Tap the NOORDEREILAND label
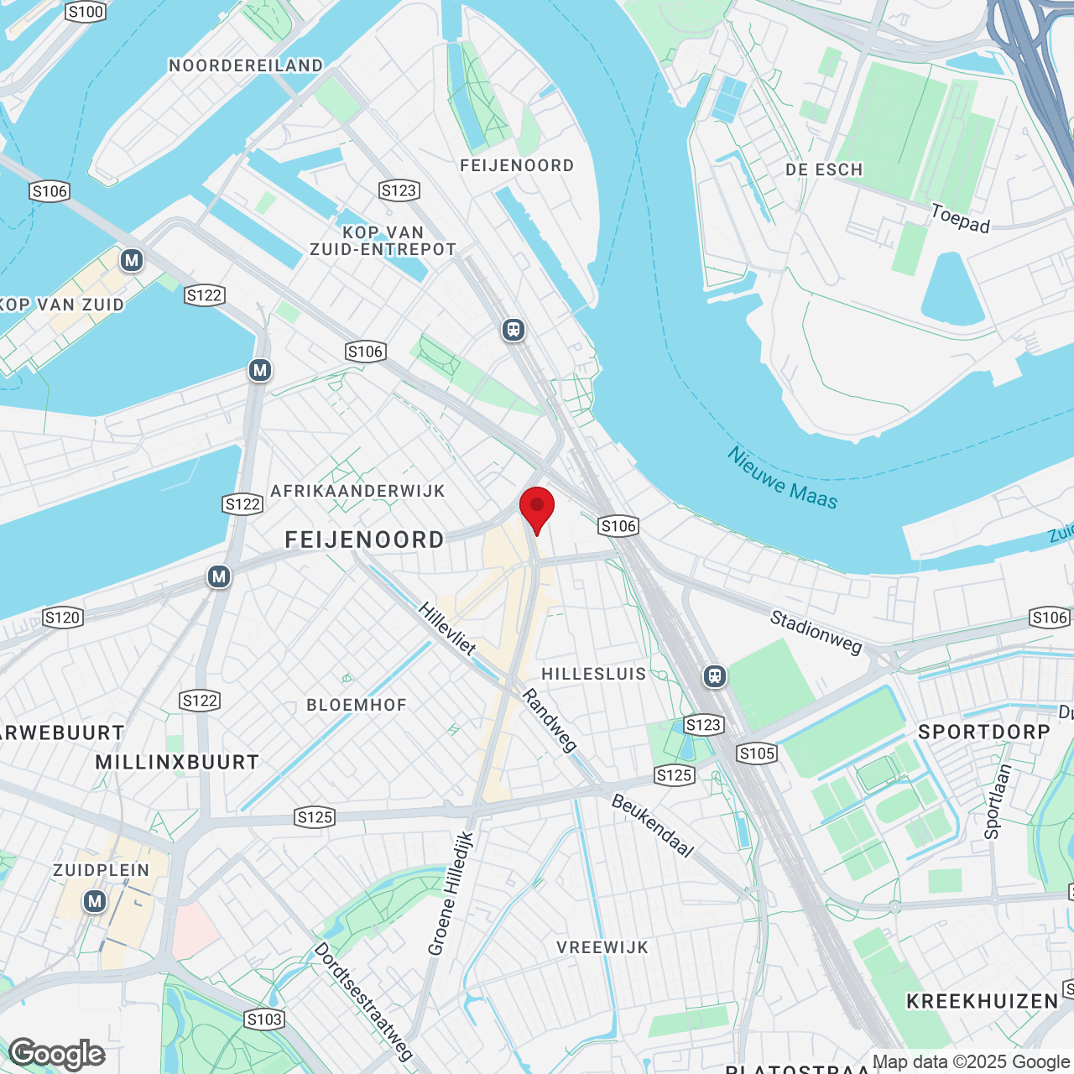pyautogui.click(x=246, y=65)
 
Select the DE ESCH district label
pyautogui.click(x=824, y=169)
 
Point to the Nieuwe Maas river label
pyautogui.click(x=782, y=478)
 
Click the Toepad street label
pyautogui.click(x=961, y=218)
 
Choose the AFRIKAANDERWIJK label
pyautogui.click(x=357, y=491)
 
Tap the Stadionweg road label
pyautogui.click(x=816, y=632)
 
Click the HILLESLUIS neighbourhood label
pyautogui.click(x=594, y=674)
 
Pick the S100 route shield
pyautogui.click(x=86, y=12)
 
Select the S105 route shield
pyautogui.click(x=757, y=753)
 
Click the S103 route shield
pyautogui.click(x=264, y=1019)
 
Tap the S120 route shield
pyautogui.click(x=62, y=618)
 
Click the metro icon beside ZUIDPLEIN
pyautogui.click(x=95, y=902)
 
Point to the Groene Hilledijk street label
pyautogui.click(x=451, y=894)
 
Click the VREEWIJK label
pyautogui.click(x=602, y=947)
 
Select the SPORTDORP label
pyautogui.click(x=984, y=732)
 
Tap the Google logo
pyautogui.click(x=57, y=1054)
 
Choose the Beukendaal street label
pyautogui.click(x=653, y=826)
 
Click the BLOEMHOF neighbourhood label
pyautogui.click(x=357, y=705)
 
